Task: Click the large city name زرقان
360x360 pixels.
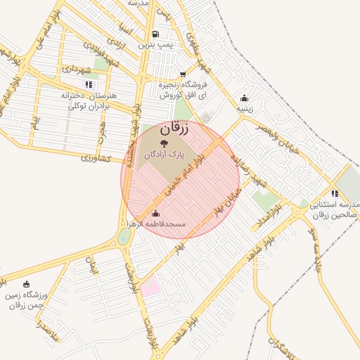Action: click(x=175, y=129)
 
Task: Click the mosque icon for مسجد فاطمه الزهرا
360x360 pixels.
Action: click(x=155, y=214)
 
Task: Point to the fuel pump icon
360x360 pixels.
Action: click(x=155, y=34)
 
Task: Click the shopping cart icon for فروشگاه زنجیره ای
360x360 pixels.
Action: click(x=183, y=74)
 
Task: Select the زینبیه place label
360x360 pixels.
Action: click(x=244, y=108)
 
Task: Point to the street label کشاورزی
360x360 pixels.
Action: click(x=96, y=157)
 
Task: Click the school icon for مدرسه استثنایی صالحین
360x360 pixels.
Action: click(x=333, y=194)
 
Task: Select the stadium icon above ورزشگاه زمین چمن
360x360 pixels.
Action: click(x=27, y=284)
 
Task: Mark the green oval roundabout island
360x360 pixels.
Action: click(x=124, y=236)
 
